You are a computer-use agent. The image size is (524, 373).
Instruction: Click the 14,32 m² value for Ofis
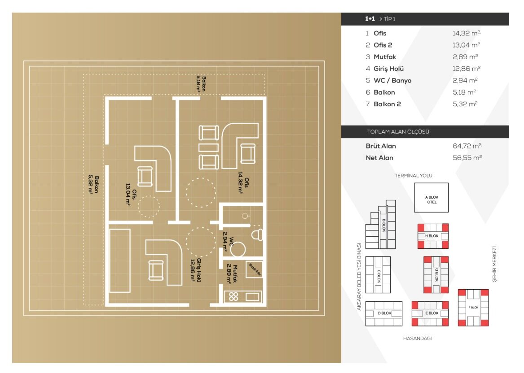(467, 33)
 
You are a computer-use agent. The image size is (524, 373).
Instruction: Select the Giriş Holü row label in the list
(389, 69)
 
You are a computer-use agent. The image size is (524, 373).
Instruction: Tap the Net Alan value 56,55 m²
(467, 158)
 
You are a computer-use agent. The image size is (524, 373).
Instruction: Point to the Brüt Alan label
(381, 146)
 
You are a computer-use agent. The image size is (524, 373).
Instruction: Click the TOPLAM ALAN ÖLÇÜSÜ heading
(398, 132)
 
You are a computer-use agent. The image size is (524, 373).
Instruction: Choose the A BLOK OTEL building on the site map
(432, 198)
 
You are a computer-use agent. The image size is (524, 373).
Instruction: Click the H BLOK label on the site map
(432, 236)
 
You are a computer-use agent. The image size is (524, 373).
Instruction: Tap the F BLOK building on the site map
(473, 308)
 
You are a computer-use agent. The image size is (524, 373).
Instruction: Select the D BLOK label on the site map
(384, 313)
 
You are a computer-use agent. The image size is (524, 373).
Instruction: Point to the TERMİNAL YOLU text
(414, 175)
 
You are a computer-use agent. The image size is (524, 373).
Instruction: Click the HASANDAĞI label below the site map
(418, 338)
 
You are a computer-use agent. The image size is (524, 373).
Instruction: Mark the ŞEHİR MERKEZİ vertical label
(494, 264)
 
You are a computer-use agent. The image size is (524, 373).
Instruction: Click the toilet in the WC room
(257, 234)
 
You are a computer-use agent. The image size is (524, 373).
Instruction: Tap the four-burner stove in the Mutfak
(233, 296)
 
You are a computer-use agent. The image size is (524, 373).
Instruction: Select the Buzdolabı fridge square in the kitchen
(254, 269)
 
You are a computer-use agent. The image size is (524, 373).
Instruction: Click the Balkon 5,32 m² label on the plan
(93, 185)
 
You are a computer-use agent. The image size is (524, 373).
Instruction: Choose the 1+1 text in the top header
(370, 19)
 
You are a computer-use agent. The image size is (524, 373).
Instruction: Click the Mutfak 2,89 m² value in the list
(465, 57)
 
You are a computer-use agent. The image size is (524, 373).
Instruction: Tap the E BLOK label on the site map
(432, 313)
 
